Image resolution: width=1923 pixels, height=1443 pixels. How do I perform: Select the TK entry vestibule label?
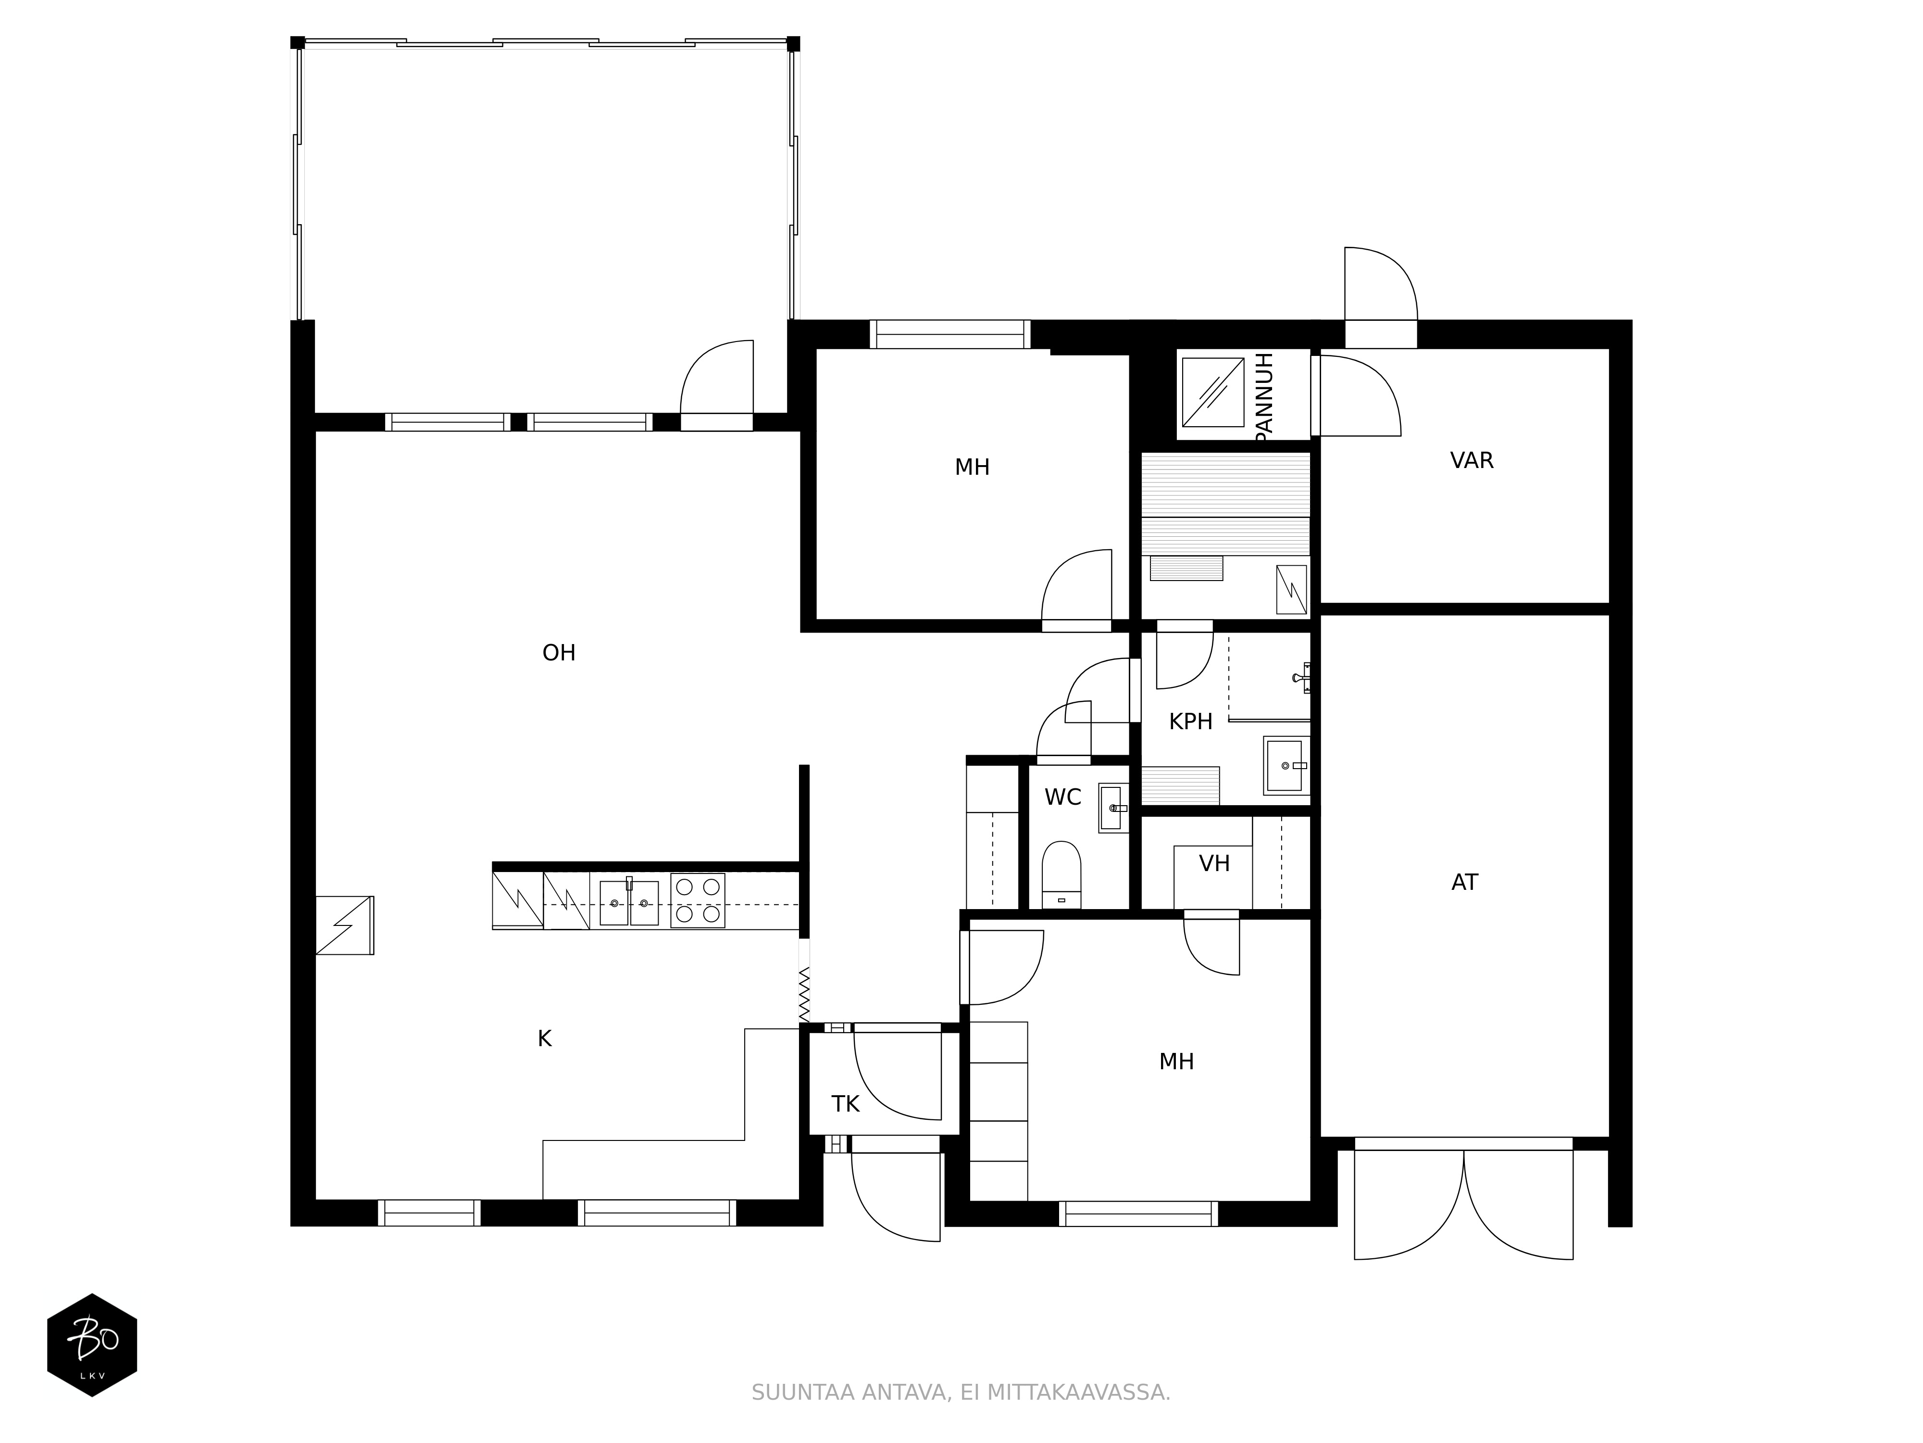(845, 1105)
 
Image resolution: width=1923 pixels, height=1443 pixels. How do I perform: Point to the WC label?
(1062, 797)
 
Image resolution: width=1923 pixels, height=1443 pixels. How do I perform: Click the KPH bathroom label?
(1190, 722)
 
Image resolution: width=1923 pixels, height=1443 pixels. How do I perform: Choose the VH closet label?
(1214, 864)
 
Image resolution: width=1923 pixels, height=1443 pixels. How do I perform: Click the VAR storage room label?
(1472, 461)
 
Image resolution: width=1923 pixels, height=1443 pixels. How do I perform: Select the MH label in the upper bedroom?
(972, 468)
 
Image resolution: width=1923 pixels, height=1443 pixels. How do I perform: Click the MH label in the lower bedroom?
(1176, 1062)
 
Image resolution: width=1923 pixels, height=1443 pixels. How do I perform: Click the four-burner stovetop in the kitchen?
(697, 900)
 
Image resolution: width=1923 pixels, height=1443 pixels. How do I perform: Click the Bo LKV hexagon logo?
(92, 1345)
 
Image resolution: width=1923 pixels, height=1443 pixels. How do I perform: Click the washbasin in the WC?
(1113, 808)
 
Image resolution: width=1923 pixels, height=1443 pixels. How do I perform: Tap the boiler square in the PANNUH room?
(1213, 392)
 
